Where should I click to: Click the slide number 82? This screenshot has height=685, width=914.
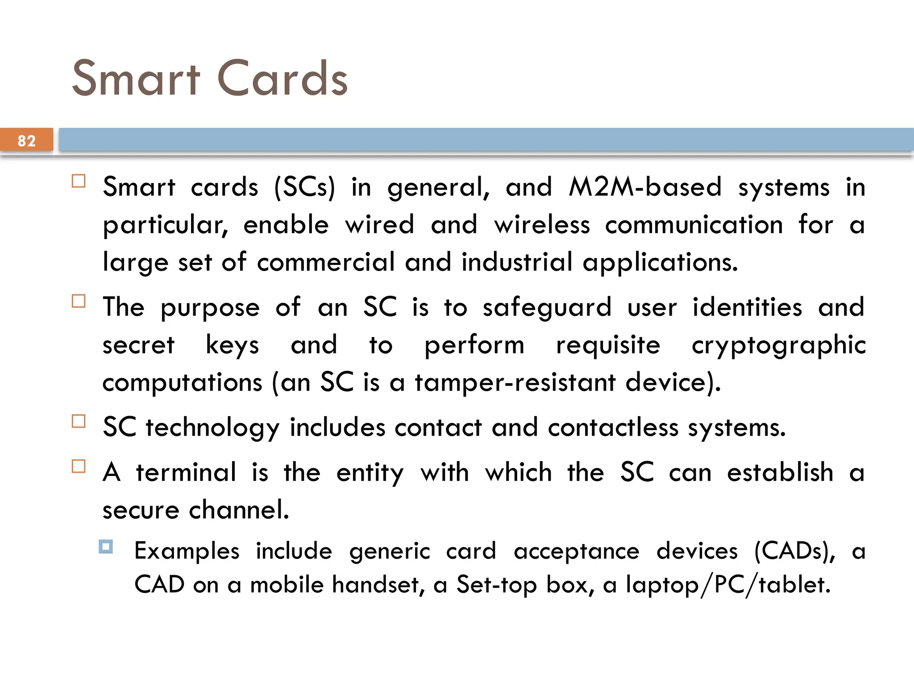click(26, 140)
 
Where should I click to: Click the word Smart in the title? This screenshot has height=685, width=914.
click(137, 79)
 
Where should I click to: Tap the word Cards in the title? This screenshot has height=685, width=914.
click(282, 79)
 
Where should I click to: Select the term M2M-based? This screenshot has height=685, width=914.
click(645, 187)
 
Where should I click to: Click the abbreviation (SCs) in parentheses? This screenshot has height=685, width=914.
click(304, 187)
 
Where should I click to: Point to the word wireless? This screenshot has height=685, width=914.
click(542, 224)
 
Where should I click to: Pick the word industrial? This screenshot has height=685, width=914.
click(517, 262)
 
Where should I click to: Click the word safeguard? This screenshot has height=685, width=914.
click(547, 307)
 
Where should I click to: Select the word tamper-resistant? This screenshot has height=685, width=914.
click(515, 383)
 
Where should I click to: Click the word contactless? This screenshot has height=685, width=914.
click(613, 427)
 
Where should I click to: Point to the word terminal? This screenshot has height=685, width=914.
click(186, 472)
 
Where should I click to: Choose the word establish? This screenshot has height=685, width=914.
click(780, 472)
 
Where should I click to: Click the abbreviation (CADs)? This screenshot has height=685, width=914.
click(794, 551)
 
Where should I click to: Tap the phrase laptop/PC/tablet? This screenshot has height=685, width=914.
click(728, 585)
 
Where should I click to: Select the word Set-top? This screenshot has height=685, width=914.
click(496, 585)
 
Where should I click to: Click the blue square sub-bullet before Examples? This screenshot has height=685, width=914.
click(106, 546)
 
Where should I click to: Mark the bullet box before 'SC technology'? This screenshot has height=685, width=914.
click(79, 421)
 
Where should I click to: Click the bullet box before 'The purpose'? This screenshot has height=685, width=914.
click(79, 301)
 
